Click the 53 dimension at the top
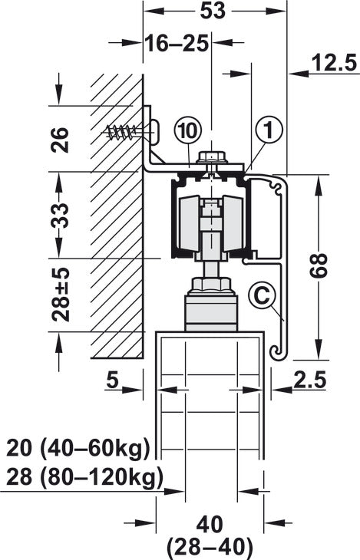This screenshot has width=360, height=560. pos(213,11)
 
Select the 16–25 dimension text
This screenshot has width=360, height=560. pos(177,44)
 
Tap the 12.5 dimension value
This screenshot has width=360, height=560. pos(335,63)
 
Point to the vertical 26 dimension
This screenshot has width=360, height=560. pos(60,140)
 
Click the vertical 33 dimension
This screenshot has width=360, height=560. pos(60,216)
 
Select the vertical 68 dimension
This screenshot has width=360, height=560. pos(319,265)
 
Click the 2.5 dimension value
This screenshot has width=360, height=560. pos(310,380)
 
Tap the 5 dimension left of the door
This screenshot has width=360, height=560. pos(112,380)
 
